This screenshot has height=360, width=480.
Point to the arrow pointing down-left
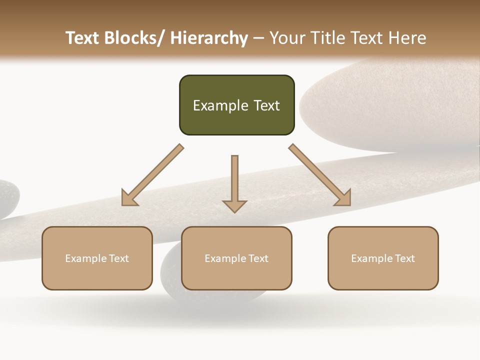[x=152, y=175]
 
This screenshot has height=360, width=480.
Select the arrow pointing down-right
[x=320, y=175]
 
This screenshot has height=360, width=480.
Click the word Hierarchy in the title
[x=209, y=38]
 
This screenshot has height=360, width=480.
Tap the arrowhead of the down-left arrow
[x=129, y=198]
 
